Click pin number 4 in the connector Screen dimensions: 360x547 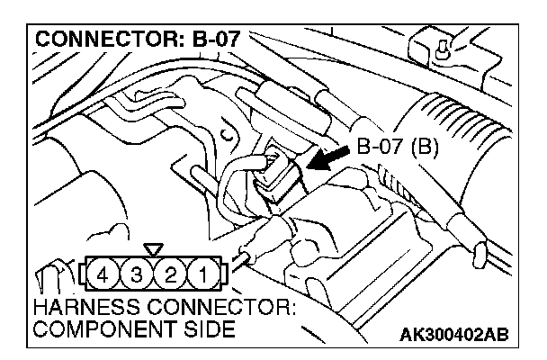coord(107,271)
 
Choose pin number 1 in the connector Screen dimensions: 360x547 coord(205,271)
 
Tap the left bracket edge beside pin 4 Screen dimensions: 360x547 coord(87,271)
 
